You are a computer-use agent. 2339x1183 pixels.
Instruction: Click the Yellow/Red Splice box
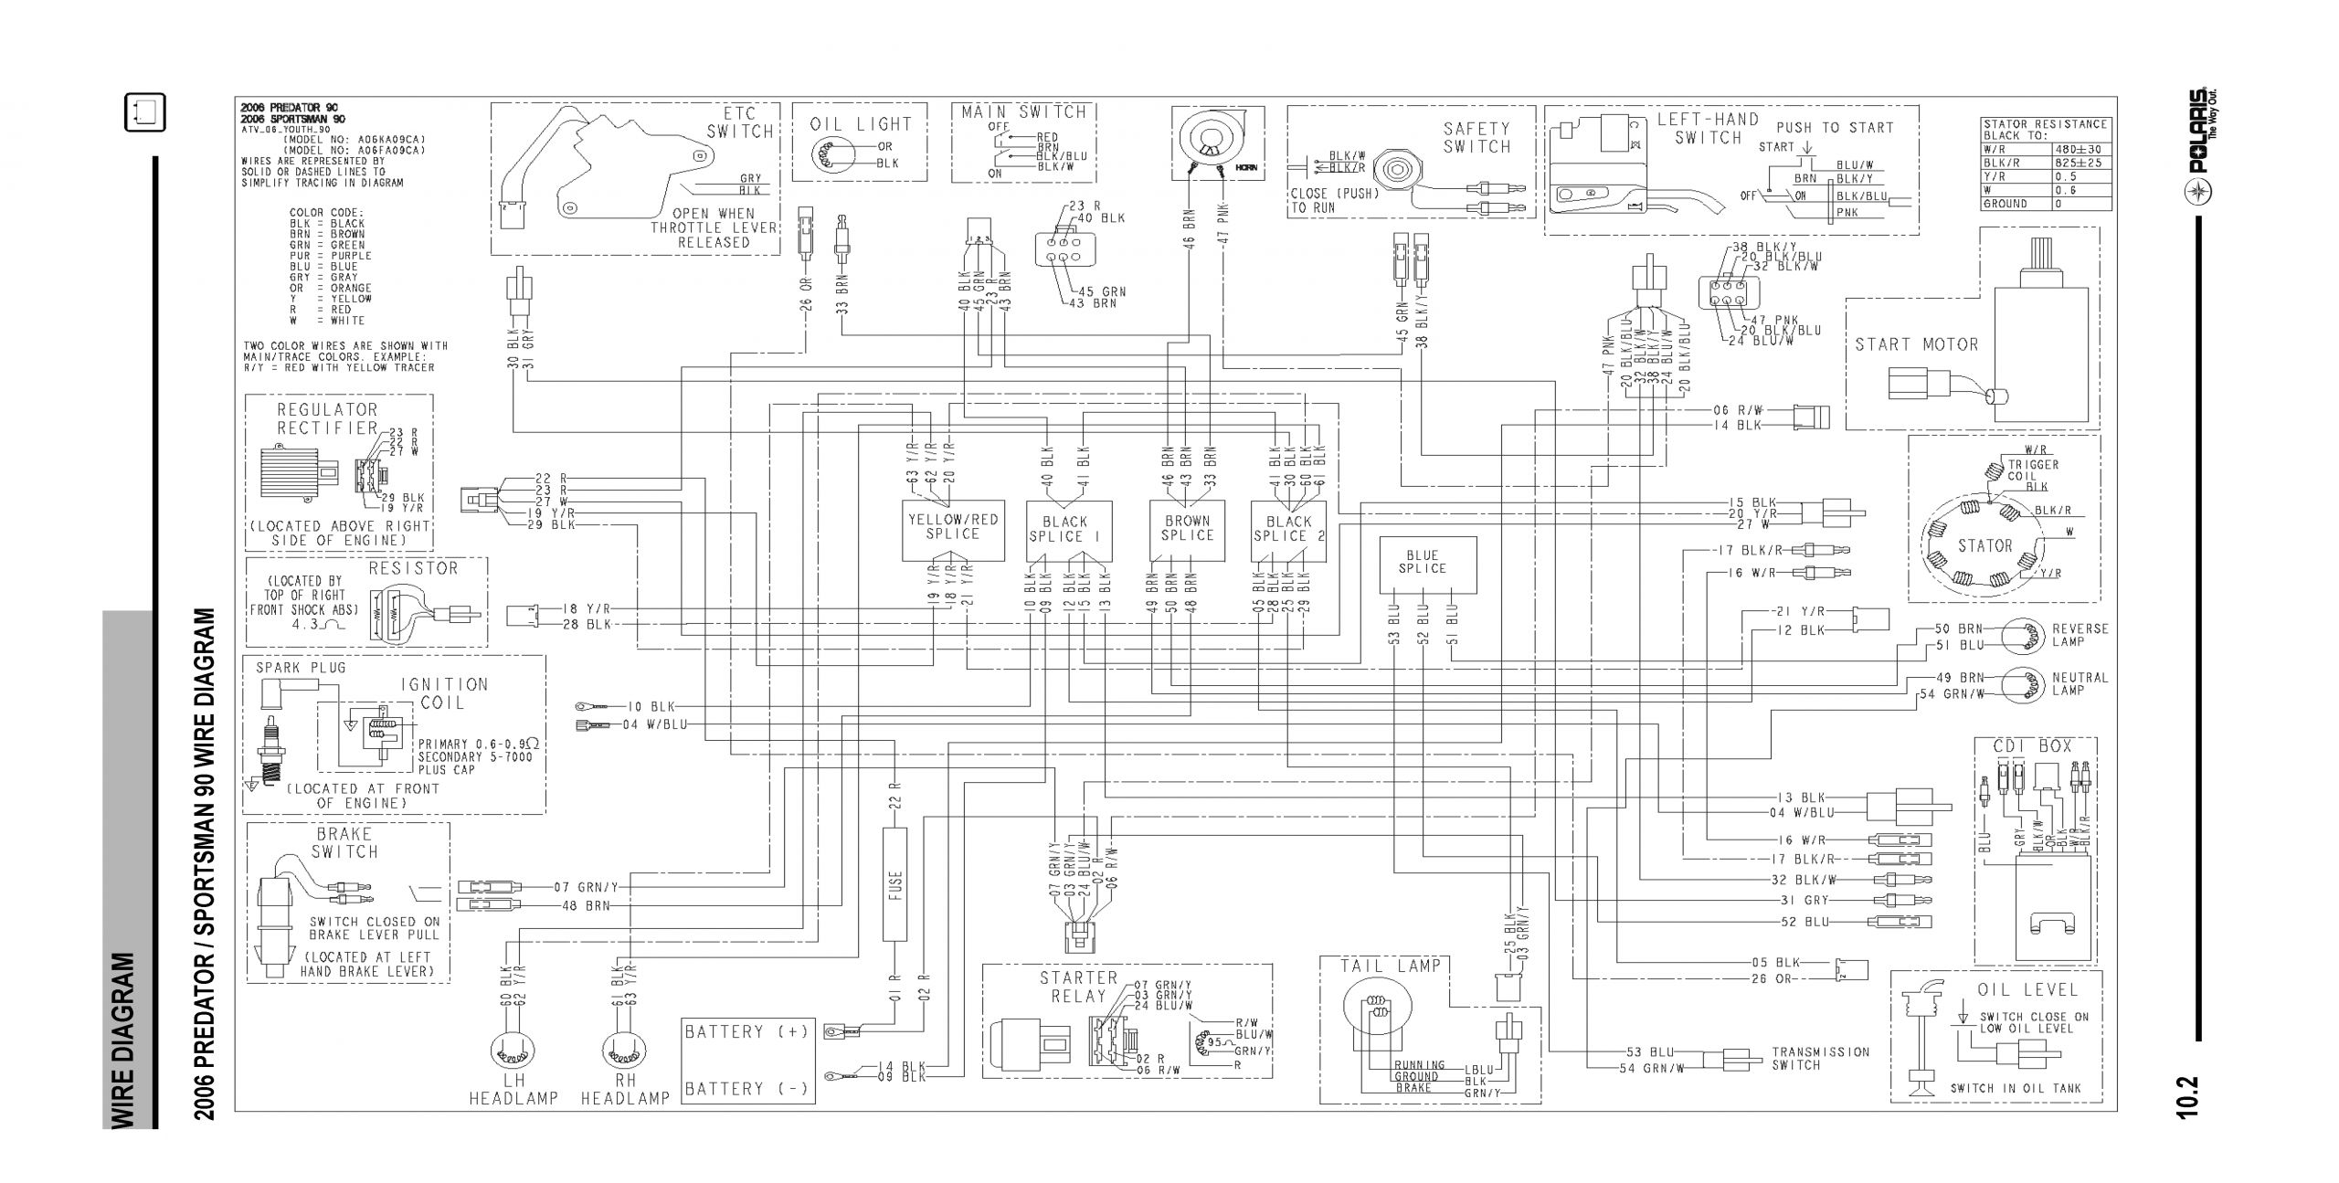[x=952, y=529]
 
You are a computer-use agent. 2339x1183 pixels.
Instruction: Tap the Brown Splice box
[x=1187, y=529]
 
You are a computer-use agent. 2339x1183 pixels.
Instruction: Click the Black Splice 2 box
[x=1289, y=530]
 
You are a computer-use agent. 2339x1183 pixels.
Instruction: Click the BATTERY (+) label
[x=746, y=1032]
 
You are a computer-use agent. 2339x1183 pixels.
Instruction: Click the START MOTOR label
[x=1916, y=344]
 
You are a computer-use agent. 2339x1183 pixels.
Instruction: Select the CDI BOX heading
[x=2038, y=746]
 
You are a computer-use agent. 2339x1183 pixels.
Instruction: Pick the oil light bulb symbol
[x=835, y=154]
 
